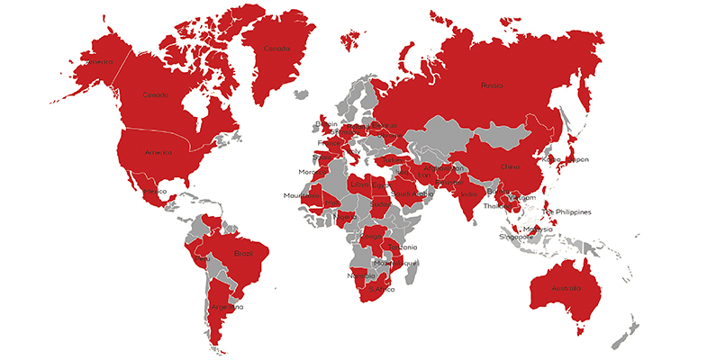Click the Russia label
point(492,86)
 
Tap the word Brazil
point(242,254)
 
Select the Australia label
point(566,288)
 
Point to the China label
point(510,166)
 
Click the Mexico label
point(155,192)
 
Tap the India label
point(468,193)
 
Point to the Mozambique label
point(396,263)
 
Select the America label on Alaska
point(96,62)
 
